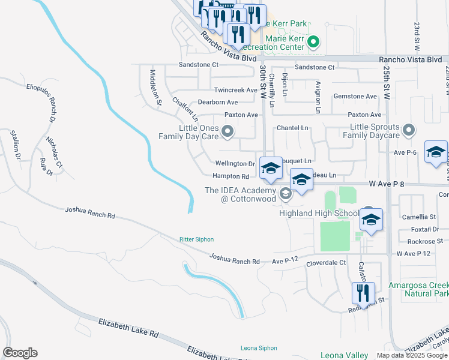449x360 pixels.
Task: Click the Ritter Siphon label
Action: [x=196, y=239]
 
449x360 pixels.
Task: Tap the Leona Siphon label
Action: [x=259, y=348]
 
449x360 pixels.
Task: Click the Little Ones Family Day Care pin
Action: [x=228, y=130]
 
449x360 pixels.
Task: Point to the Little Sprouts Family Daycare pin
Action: [x=409, y=130]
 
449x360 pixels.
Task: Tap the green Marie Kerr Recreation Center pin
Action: [x=313, y=42]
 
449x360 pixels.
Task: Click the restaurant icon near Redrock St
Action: [x=363, y=293]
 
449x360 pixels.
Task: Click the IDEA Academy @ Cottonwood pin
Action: [x=286, y=193]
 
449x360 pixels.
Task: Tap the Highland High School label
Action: [x=319, y=213]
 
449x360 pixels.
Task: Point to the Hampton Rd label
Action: [x=231, y=176]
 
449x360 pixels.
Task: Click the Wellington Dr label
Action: [x=235, y=163]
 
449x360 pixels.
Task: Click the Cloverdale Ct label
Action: [x=326, y=263]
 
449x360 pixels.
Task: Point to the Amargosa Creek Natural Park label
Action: [x=418, y=289]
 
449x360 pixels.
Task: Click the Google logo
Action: [x=20, y=353]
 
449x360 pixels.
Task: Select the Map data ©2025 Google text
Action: [x=412, y=355]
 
